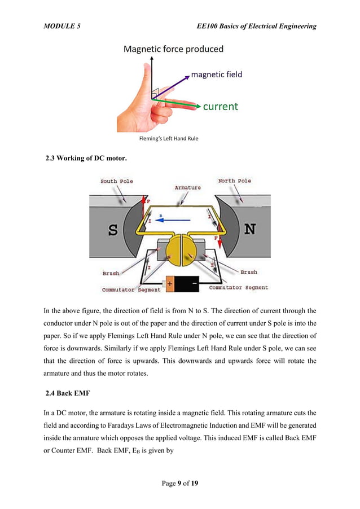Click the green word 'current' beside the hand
click(x=220, y=106)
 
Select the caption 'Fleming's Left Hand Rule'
click(x=169, y=138)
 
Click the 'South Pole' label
click(x=117, y=181)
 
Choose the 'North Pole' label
click(x=235, y=181)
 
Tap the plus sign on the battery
click(x=169, y=284)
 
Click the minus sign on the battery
click(x=194, y=283)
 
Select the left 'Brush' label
click(x=111, y=273)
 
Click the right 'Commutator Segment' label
click(x=238, y=288)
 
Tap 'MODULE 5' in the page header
click(x=62, y=26)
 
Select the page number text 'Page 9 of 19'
click(x=180, y=483)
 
